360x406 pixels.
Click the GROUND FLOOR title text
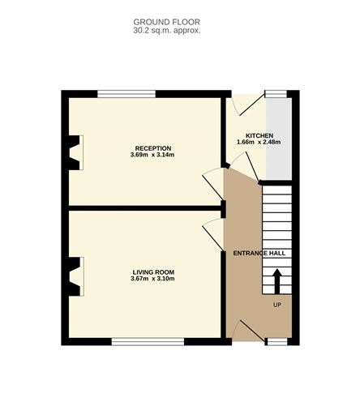coord(167,22)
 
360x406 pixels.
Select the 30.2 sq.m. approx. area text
coord(167,30)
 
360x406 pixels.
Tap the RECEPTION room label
coord(152,147)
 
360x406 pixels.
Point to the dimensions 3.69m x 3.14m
coord(152,155)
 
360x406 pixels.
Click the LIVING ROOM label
coord(152,271)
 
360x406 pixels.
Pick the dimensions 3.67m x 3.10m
coord(152,279)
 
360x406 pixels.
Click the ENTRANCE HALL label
coord(259,254)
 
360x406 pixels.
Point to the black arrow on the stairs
coord(276,283)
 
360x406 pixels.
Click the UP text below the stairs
coord(276,306)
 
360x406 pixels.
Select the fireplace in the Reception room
coord(75,153)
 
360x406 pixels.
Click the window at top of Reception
coord(121,94)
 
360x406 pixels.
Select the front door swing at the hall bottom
coord(245,328)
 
